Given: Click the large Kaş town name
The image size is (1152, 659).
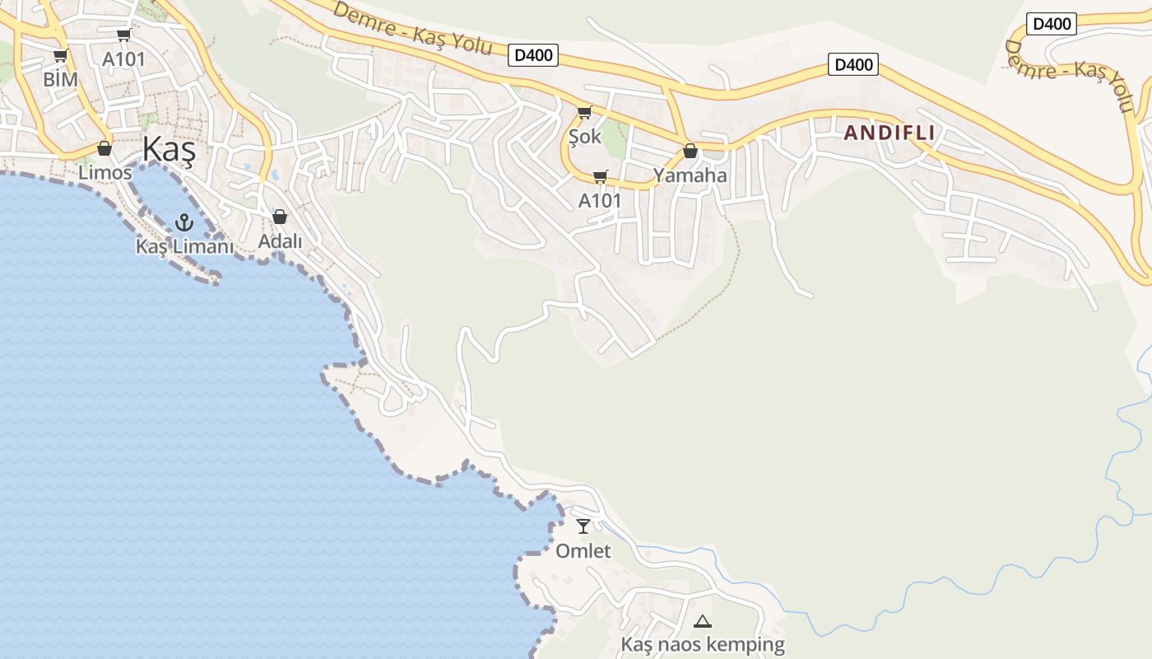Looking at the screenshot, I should click(169, 150).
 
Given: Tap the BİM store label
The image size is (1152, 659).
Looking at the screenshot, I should click(60, 80).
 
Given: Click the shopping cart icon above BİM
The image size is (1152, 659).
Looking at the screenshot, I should click(60, 56).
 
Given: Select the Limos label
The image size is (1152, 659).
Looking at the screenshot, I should click(105, 173).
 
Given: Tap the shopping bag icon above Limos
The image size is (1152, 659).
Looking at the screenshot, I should click(105, 148).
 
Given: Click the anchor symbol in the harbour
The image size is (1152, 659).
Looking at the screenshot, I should click(184, 222).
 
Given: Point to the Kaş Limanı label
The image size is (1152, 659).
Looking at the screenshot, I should click(185, 246).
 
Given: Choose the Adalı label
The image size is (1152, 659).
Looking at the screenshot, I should click(280, 241).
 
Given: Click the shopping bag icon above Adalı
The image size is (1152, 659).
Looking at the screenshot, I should click(280, 217).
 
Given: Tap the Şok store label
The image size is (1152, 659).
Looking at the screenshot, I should click(585, 137).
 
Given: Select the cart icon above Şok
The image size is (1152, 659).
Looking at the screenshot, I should click(584, 112).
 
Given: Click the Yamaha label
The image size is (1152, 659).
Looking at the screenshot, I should click(690, 175).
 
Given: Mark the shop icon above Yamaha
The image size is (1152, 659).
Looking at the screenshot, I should click(690, 151).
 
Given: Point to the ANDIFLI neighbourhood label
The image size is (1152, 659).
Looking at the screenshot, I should click(889, 133).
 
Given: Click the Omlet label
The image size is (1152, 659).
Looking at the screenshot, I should click(583, 551).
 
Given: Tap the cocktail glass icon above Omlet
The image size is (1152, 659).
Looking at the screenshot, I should click(583, 526).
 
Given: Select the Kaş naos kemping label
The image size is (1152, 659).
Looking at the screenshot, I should click(703, 645).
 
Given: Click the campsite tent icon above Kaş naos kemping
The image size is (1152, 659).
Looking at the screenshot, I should click(702, 621).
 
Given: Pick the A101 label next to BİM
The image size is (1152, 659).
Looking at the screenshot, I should click(123, 59).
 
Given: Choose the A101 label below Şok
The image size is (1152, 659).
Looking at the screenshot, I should click(600, 201).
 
